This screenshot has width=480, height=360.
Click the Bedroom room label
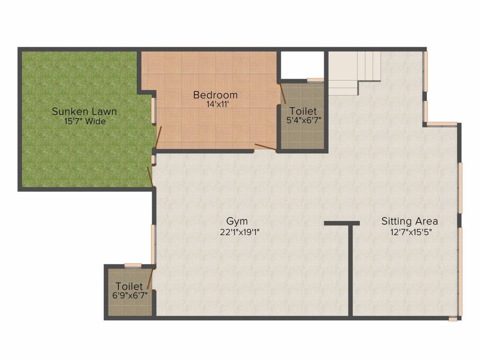click(x=215, y=95)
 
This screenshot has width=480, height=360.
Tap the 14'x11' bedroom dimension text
click(x=217, y=105)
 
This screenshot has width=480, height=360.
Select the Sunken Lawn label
click(x=84, y=112)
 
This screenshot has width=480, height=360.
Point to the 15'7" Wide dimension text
click(x=85, y=121)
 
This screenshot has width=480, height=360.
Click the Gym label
click(x=237, y=221)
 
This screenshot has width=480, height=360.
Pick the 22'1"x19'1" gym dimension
click(x=240, y=232)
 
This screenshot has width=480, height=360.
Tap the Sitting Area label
click(x=410, y=221)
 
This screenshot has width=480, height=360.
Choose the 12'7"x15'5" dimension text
click(x=411, y=232)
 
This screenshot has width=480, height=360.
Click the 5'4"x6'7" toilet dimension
click(x=304, y=120)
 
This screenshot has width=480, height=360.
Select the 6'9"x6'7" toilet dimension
click(x=130, y=295)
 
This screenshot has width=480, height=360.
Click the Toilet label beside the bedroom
click(x=303, y=111)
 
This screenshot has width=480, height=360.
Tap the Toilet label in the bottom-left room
click(x=129, y=286)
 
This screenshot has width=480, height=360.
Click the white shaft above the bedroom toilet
click(x=302, y=65)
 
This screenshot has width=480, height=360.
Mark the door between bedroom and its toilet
click(x=283, y=93)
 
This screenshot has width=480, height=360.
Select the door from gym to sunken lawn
click(x=150, y=177)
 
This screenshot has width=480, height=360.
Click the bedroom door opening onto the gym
click(x=265, y=147)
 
